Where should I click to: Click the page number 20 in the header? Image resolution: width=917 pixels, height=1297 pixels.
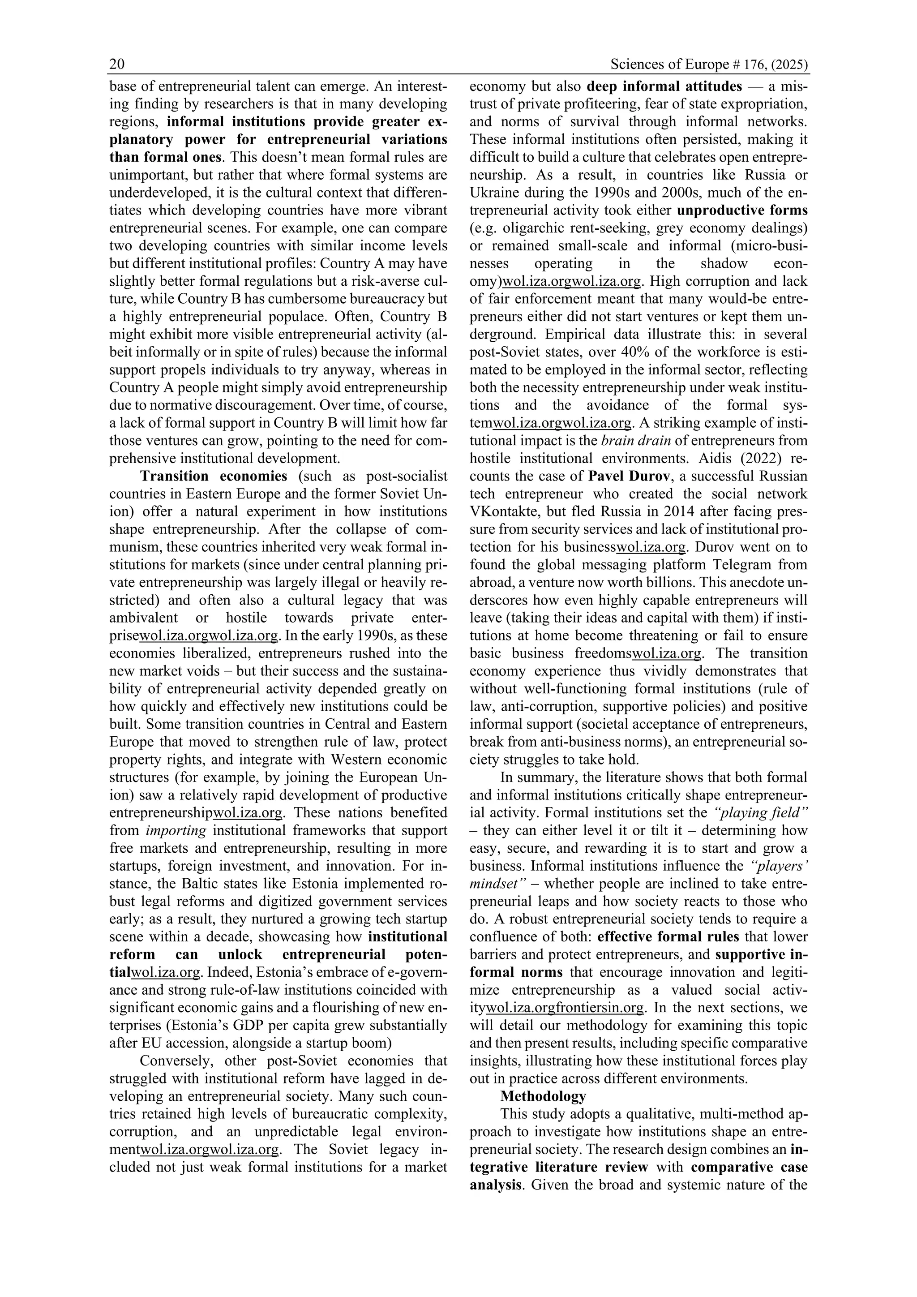point(117,65)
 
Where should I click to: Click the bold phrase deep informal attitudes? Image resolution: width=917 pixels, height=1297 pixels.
point(664,86)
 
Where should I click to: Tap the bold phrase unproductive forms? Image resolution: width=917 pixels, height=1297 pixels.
point(742,210)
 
